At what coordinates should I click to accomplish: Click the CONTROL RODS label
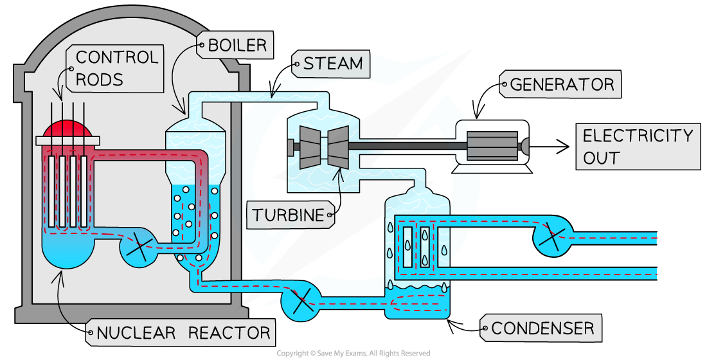pos(116,68)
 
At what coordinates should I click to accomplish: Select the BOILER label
pos(237,46)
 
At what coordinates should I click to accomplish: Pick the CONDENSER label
pos(542,328)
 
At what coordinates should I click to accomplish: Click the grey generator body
pos(493,147)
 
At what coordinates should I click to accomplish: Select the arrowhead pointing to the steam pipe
pos(273,94)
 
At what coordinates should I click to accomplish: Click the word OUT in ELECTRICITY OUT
pos(602,157)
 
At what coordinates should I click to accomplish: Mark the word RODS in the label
pos(99,79)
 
